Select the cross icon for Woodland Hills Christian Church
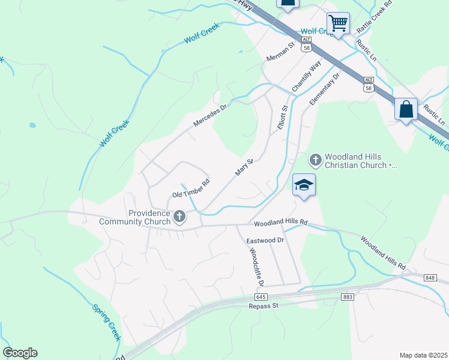click(316, 160)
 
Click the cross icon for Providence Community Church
click(179, 217)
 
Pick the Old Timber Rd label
click(191, 188)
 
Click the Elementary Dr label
click(325, 89)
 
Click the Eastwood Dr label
click(265, 240)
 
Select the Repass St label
click(265, 306)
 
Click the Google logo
click(20, 353)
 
